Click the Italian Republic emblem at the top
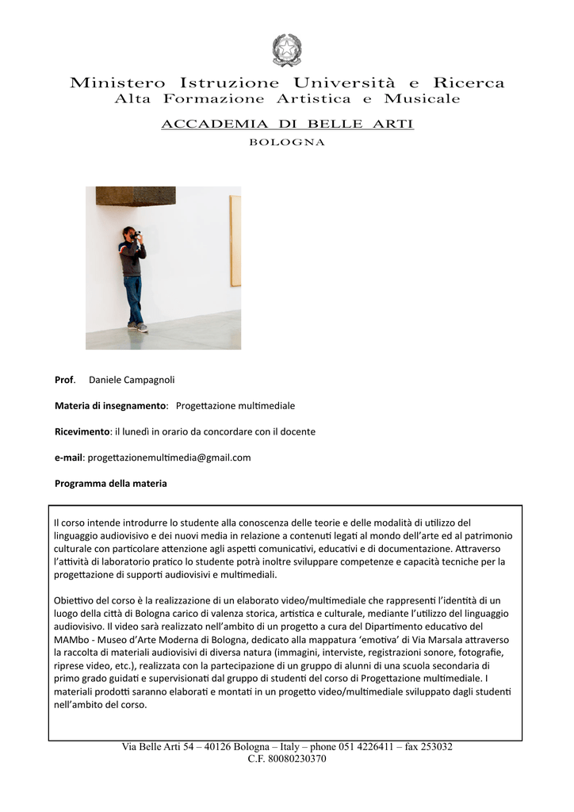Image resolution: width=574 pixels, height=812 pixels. (286, 49)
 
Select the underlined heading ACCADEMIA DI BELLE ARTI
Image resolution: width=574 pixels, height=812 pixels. (287, 124)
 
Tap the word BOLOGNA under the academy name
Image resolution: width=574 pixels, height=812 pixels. (287, 143)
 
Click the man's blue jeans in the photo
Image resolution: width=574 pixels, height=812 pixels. (135, 298)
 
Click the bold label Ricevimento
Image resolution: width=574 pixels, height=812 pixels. (82, 432)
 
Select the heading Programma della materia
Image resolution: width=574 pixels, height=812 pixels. (110, 483)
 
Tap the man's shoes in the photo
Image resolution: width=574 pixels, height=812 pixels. (140, 327)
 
